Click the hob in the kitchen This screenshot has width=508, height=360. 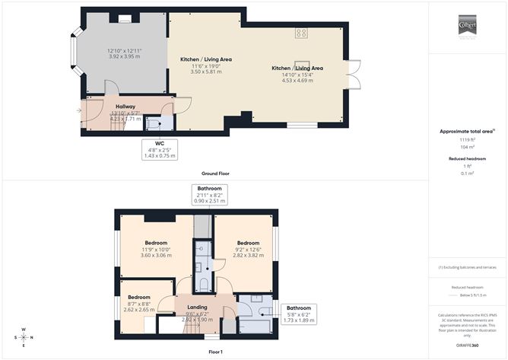coord(301,33)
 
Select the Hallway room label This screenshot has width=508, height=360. coord(125,107)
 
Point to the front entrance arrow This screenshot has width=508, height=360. coord(78,111)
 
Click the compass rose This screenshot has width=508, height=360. coord(23,336)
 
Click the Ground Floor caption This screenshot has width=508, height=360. coord(216,174)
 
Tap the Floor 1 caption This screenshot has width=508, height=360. coord(216,352)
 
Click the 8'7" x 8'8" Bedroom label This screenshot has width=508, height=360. coord(139,297)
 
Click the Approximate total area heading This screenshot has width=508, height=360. coord(467,131)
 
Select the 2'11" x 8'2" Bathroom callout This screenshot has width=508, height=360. coord(209,194)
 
